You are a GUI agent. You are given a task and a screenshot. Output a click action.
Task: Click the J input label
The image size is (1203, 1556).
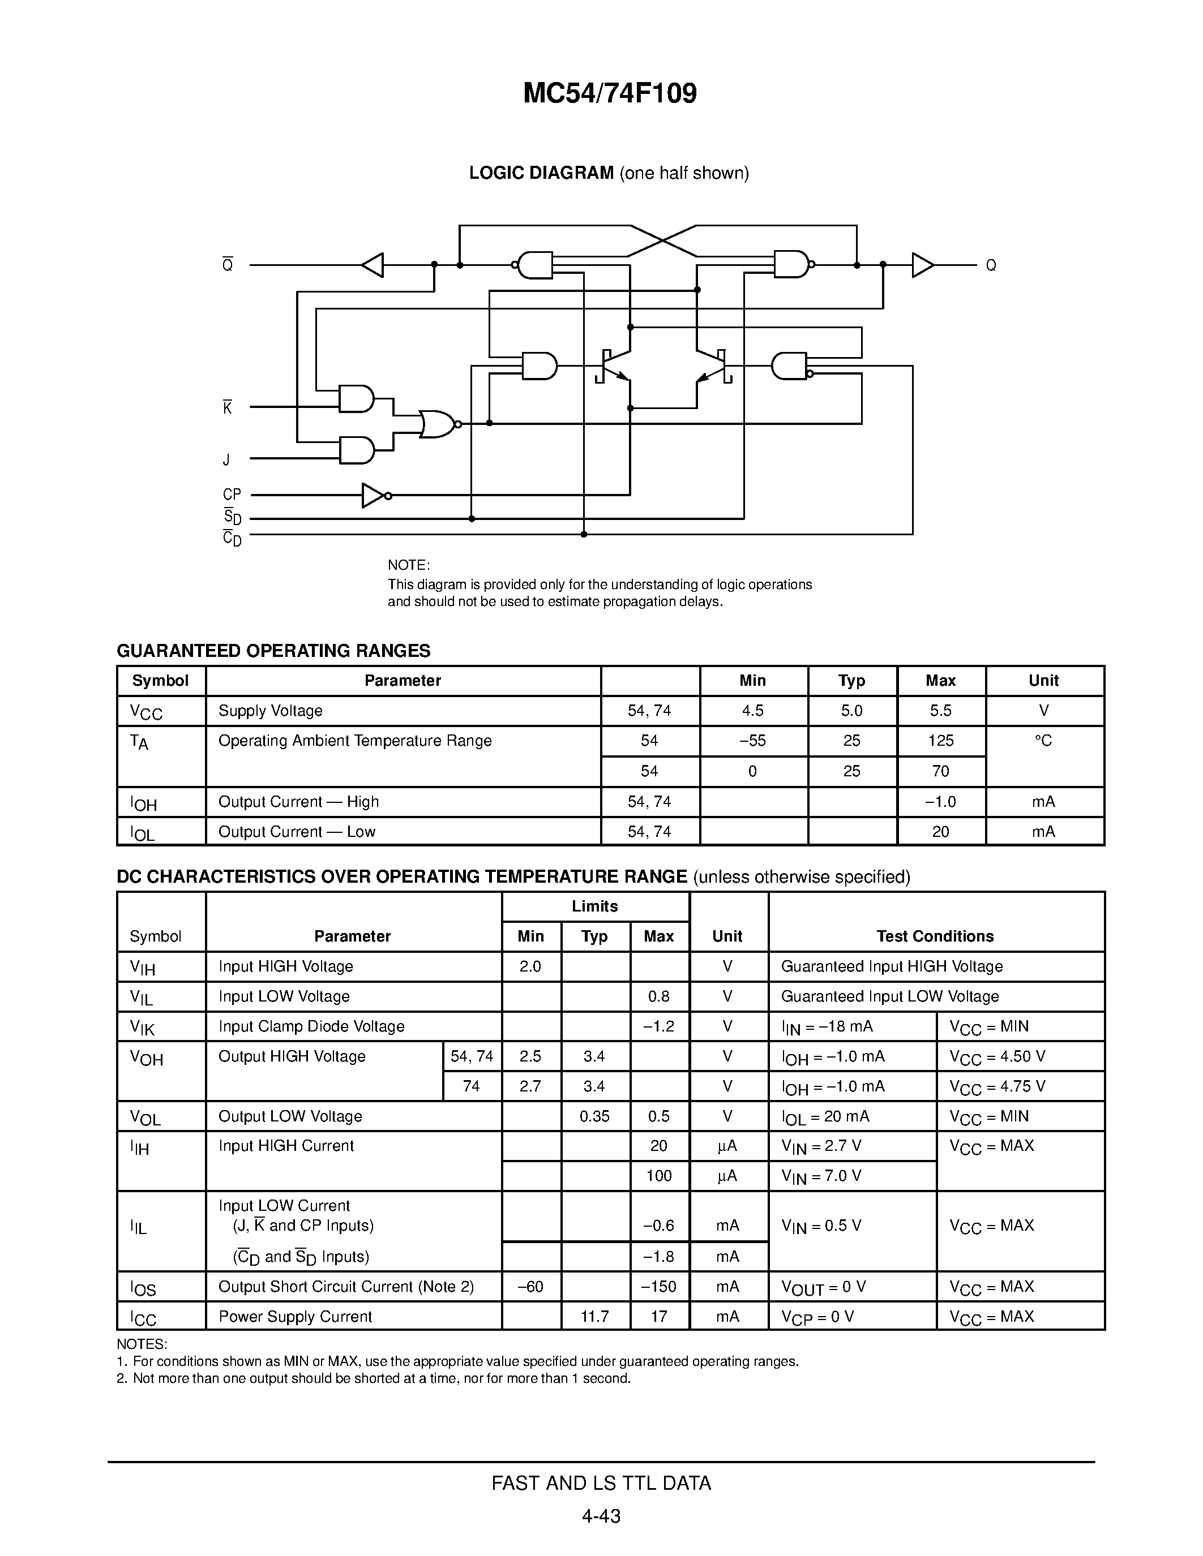click(x=226, y=460)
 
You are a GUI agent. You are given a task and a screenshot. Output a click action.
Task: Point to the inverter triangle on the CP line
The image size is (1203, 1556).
click(x=374, y=495)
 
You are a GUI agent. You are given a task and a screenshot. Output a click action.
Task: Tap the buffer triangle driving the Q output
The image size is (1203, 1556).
click(x=922, y=265)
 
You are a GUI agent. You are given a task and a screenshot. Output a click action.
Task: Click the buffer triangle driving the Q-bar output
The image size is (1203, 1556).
click(x=373, y=265)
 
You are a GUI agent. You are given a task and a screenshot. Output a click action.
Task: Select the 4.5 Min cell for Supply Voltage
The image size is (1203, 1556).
click(x=752, y=710)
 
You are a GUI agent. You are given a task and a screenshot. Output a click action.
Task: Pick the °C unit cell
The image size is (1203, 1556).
click(x=1043, y=741)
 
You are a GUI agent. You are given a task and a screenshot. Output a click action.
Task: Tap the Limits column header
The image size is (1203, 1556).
click(x=594, y=906)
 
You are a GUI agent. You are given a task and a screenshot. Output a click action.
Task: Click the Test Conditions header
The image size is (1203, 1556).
click(x=935, y=936)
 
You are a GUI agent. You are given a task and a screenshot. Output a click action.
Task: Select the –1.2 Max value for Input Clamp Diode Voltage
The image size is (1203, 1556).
click(x=658, y=1026)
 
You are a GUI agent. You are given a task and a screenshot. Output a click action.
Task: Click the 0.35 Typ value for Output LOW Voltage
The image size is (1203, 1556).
click(x=594, y=1116)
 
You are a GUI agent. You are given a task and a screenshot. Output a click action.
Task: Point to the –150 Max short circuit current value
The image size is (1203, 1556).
click(x=658, y=1287)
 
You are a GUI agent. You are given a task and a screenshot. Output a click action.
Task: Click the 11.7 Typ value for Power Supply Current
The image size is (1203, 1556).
click(x=594, y=1317)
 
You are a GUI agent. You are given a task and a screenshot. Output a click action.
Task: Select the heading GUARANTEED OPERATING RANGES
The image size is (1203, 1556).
click(x=273, y=651)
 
